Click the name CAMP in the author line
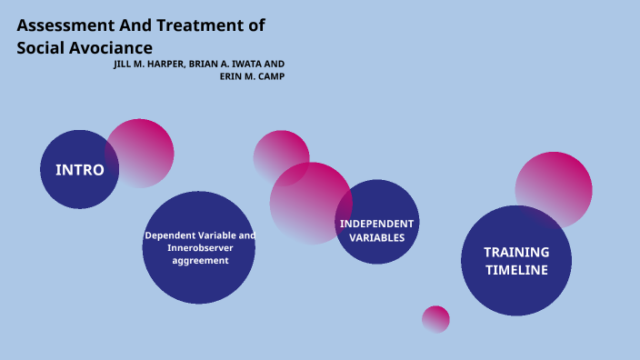coord(271,75)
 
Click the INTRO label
coord(80,170)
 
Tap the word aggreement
coord(200,261)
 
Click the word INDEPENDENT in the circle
coord(376,224)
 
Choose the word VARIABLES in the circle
coord(376,238)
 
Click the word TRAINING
coord(516,252)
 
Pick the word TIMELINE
coord(516,270)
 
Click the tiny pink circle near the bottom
coord(435,319)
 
